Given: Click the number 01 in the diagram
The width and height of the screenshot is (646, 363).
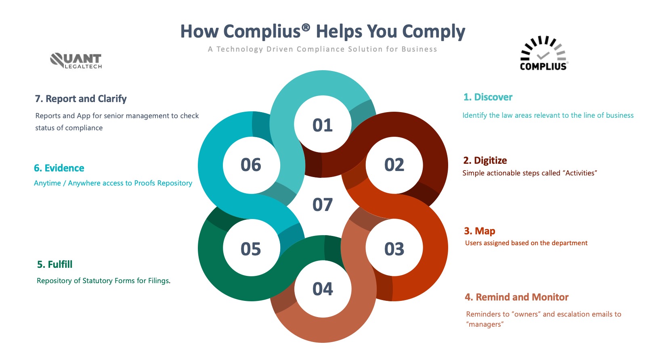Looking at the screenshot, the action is [x=323, y=125].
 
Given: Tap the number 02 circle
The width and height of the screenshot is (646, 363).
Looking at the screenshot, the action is [x=394, y=165].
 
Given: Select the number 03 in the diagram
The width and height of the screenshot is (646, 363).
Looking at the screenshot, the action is [x=394, y=248].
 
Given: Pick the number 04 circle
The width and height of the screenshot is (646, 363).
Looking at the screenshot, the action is [x=323, y=289].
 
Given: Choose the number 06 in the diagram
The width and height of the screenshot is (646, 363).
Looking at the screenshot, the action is [x=251, y=165].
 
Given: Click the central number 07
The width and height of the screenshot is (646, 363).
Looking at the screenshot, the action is [x=323, y=204].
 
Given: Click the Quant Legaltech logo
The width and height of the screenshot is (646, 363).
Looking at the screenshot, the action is [x=76, y=61].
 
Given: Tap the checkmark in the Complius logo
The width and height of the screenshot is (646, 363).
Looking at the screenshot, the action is [x=543, y=55].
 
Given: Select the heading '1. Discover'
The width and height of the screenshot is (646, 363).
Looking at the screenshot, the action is [x=488, y=97].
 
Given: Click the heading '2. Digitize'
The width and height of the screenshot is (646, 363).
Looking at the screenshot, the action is [x=485, y=160].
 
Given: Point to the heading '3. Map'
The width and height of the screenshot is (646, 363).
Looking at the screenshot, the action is [x=479, y=231].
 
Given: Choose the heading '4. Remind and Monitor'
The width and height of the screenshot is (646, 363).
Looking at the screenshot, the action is [x=516, y=297].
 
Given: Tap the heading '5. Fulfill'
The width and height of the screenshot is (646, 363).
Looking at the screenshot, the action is [x=55, y=264].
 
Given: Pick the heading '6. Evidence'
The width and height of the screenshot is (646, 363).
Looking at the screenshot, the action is [x=59, y=168].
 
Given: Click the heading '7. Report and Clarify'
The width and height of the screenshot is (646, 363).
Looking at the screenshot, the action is [x=81, y=98].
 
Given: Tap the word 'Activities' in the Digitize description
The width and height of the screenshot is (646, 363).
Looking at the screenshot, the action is [x=580, y=173].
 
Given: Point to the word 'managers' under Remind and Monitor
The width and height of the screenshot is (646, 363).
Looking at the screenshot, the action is [x=485, y=324].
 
